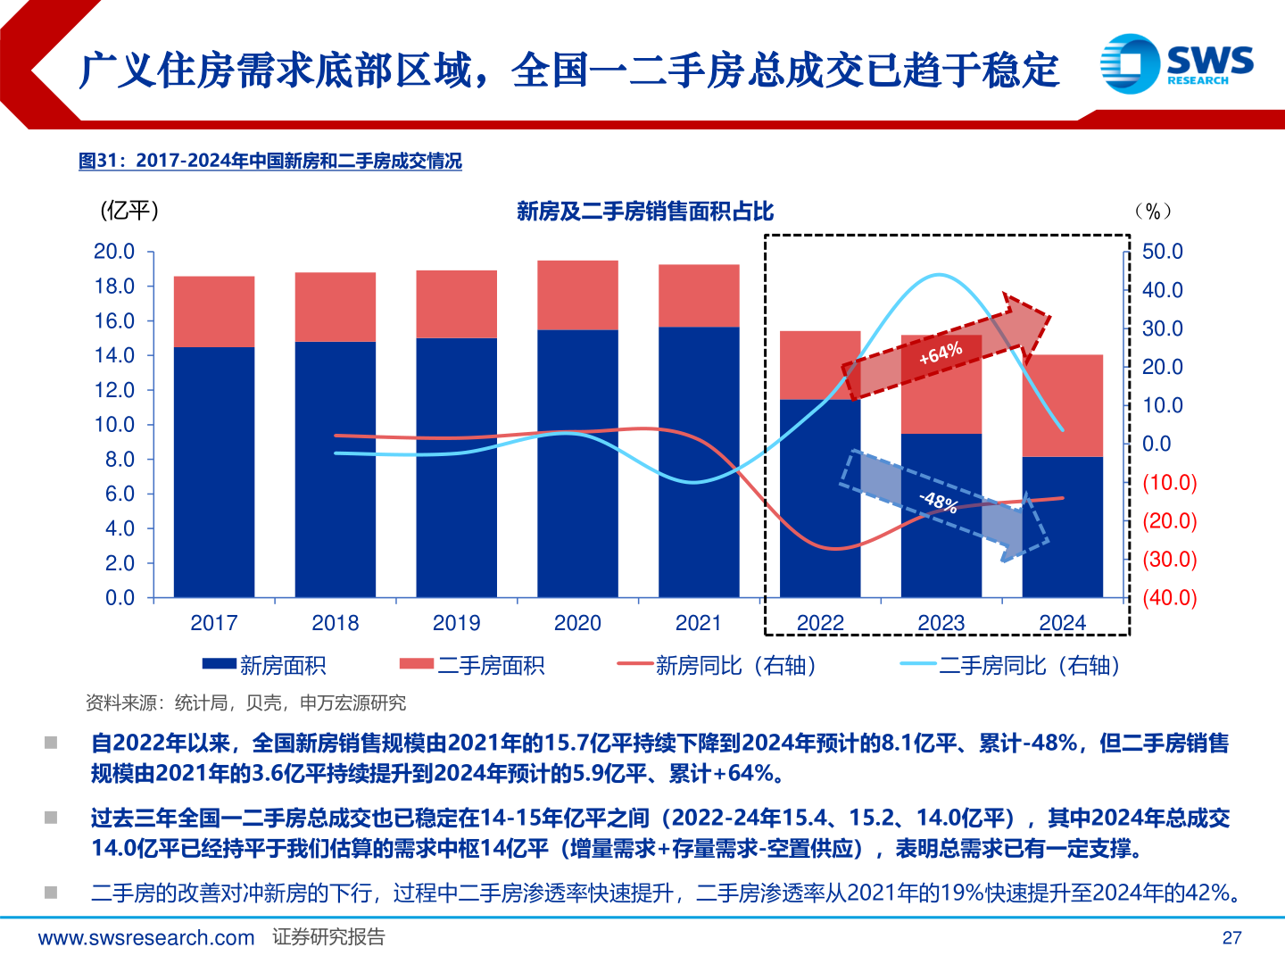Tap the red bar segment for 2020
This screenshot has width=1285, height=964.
(x=577, y=295)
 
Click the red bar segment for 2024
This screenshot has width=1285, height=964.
(x=1062, y=406)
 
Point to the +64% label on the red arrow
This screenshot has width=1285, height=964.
(x=941, y=354)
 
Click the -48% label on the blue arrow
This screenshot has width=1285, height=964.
(x=939, y=502)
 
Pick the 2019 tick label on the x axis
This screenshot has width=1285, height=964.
(x=456, y=623)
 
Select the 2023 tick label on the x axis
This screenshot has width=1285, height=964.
(x=941, y=623)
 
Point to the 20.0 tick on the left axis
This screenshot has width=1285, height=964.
(x=114, y=252)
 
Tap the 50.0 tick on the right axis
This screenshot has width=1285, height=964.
(x=1162, y=252)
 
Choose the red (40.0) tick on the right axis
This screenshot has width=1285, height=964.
(x=1170, y=598)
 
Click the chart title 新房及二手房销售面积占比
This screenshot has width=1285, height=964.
(x=644, y=212)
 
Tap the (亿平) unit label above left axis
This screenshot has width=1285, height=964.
(x=130, y=211)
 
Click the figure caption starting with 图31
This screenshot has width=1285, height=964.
(x=270, y=162)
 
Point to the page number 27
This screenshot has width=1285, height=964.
(x=1231, y=937)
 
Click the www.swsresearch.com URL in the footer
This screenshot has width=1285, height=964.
(x=146, y=937)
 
